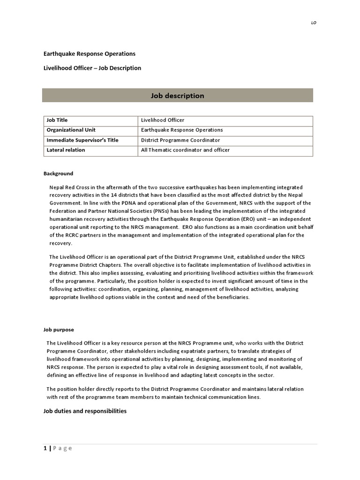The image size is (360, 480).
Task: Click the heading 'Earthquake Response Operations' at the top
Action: (x=90, y=54)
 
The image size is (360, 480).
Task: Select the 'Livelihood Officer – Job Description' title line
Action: (x=92, y=68)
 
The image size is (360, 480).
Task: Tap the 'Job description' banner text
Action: (x=177, y=96)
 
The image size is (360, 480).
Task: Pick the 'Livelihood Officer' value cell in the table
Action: (x=163, y=120)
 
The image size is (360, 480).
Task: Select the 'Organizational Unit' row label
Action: (x=71, y=130)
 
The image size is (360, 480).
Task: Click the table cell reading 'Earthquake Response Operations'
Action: (x=182, y=130)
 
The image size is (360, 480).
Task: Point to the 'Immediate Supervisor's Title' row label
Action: (x=82, y=140)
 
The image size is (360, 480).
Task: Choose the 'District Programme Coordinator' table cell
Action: (x=180, y=140)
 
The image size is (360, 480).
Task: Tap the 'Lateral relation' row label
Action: (x=66, y=150)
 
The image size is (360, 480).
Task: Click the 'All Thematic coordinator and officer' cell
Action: (x=185, y=150)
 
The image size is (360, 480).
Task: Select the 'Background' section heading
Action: (x=59, y=173)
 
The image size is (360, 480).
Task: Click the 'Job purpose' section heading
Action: (x=59, y=330)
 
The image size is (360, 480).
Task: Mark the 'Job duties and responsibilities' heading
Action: (x=85, y=411)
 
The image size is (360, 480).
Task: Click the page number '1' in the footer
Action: (x=45, y=448)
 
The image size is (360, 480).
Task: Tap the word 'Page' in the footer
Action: (x=62, y=448)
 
